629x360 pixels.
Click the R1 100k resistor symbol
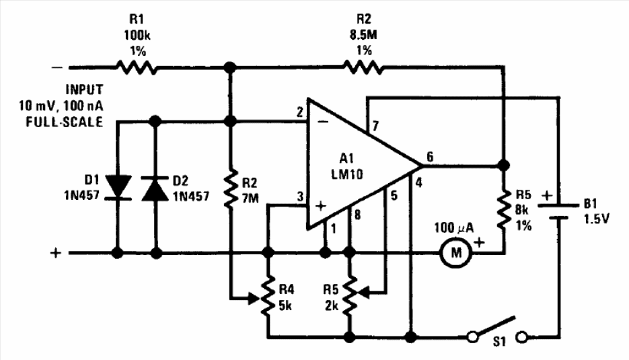pyautogui.click(x=136, y=67)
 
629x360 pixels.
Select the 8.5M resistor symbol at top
pyautogui.click(x=363, y=67)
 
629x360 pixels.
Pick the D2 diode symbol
pyautogui.click(x=157, y=187)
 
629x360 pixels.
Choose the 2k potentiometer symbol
pyautogui.click(x=349, y=293)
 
